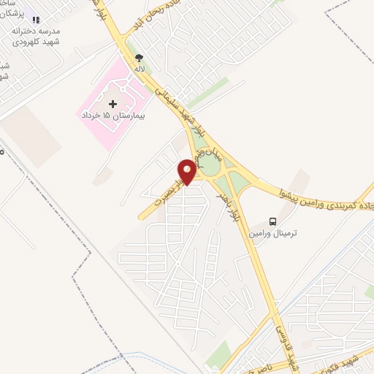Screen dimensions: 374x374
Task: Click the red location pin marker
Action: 188,171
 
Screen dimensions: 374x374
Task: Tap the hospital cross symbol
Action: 112,104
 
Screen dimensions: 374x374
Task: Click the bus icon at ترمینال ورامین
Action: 272,221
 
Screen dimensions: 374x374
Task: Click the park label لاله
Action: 139,68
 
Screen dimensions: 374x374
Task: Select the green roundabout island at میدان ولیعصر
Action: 211,165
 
